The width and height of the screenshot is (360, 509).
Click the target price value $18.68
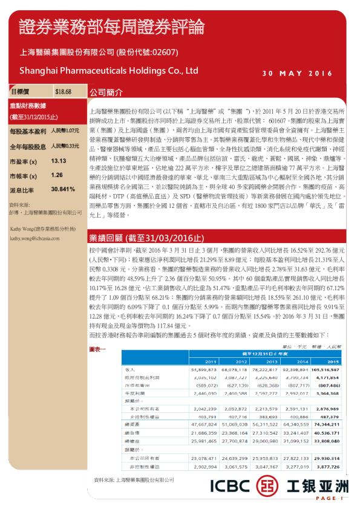pos(64,92)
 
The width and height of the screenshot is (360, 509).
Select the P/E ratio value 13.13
pos(59,161)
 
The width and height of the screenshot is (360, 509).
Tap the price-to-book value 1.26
pos(57,175)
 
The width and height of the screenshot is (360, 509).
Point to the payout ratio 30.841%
pos(64,189)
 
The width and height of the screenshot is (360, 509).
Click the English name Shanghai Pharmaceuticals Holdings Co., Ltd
pos(108,71)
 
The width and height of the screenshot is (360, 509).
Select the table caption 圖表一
pos(97,349)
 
